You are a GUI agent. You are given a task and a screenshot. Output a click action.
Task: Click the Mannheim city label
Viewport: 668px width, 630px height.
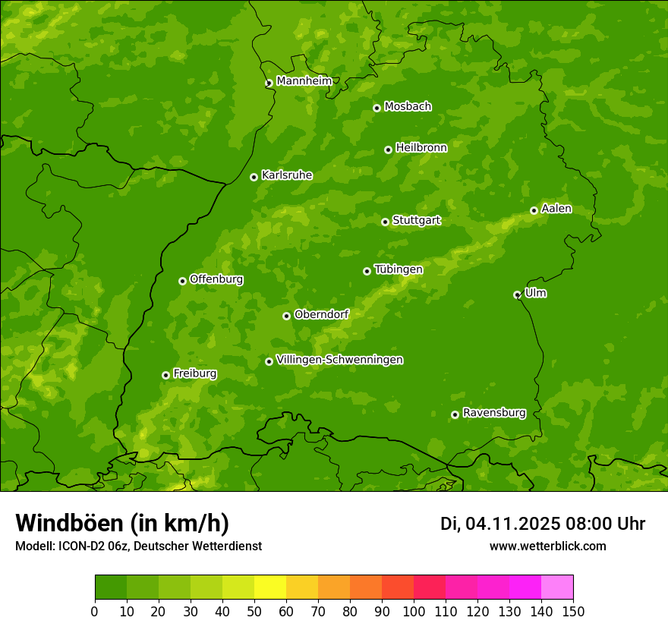click(x=304, y=81)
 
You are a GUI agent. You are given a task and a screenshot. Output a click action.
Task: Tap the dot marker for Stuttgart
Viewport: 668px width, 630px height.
click(x=385, y=222)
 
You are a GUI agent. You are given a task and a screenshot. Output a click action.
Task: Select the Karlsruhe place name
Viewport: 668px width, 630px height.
click(x=287, y=175)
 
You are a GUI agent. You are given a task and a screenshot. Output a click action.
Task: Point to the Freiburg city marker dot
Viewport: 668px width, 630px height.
click(x=165, y=375)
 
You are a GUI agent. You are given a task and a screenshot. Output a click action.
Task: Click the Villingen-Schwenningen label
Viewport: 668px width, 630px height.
click(x=340, y=360)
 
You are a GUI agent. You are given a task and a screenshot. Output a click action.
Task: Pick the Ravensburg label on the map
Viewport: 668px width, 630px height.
click(x=494, y=413)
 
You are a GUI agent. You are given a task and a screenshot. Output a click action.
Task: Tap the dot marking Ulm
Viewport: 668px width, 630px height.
click(x=517, y=295)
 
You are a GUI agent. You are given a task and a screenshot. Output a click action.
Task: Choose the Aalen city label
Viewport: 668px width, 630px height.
click(x=556, y=209)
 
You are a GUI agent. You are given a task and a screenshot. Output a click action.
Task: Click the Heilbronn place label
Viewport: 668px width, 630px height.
click(x=421, y=148)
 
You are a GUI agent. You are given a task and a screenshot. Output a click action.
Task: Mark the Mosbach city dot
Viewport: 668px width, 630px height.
click(x=377, y=108)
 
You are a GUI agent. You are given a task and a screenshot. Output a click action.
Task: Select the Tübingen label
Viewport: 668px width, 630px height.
click(x=399, y=269)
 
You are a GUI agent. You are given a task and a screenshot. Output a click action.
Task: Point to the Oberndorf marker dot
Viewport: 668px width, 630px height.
click(x=286, y=316)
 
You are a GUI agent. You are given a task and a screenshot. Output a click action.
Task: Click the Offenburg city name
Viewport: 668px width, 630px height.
click(x=216, y=279)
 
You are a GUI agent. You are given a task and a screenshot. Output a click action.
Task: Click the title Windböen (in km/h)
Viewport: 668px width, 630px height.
click(x=121, y=523)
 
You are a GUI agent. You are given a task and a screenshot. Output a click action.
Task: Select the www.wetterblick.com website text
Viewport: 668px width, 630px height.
click(x=547, y=546)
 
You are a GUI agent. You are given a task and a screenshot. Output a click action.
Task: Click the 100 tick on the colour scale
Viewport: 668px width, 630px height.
click(x=414, y=611)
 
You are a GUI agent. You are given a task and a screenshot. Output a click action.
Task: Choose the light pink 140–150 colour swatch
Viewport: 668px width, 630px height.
click(x=557, y=587)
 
